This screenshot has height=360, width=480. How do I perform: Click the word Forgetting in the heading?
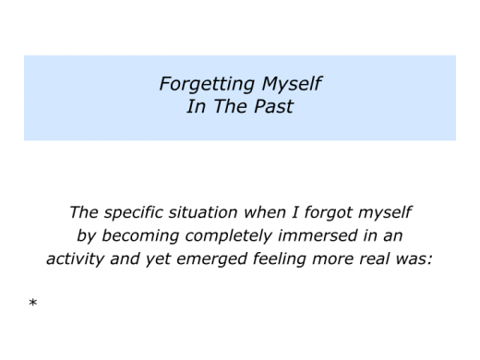point(205,83)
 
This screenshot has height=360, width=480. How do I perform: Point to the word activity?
point(77,259)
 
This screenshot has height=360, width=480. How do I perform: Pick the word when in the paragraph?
point(273,212)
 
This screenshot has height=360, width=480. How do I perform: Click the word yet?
point(157,259)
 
